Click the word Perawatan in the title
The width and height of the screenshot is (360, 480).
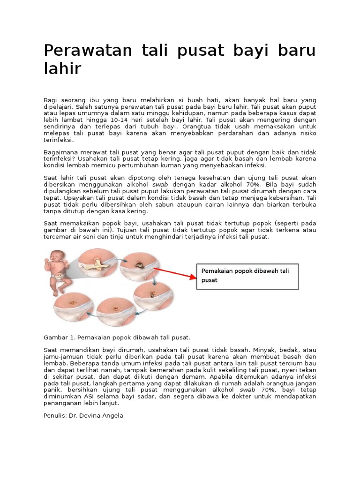pyautogui.click(x=84, y=51)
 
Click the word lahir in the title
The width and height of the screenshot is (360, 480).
pyautogui.click(x=62, y=69)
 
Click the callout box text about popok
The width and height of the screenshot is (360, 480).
pyautogui.click(x=246, y=276)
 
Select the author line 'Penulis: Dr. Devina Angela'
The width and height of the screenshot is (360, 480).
pyautogui.click(x=83, y=415)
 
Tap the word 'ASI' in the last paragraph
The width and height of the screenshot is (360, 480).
pyautogui.click(x=86, y=396)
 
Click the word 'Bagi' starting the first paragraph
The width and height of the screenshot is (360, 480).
pyautogui.click(x=50, y=100)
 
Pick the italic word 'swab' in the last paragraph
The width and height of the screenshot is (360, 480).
pyautogui.click(x=247, y=390)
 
